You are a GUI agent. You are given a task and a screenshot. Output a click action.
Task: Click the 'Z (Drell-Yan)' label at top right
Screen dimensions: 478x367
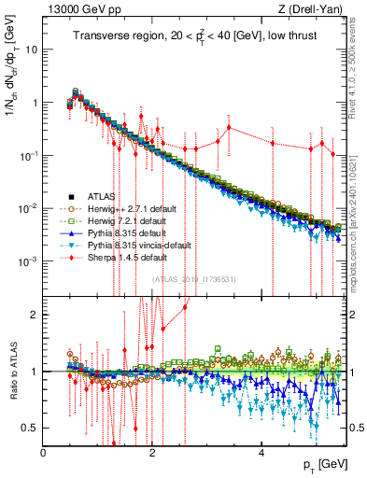click(x=315, y=10)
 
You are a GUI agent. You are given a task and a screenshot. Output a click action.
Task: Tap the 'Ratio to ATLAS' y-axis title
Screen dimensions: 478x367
click(x=12, y=368)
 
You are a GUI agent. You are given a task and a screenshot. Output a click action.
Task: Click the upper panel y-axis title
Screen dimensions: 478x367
click(x=12, y=84)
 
